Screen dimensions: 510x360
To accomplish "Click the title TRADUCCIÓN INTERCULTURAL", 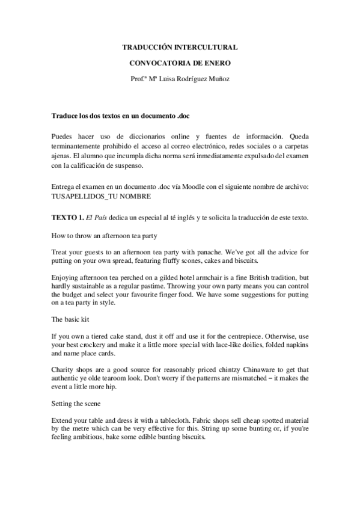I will pos(180,46).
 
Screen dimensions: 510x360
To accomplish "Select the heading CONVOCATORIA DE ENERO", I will pos(180,62).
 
